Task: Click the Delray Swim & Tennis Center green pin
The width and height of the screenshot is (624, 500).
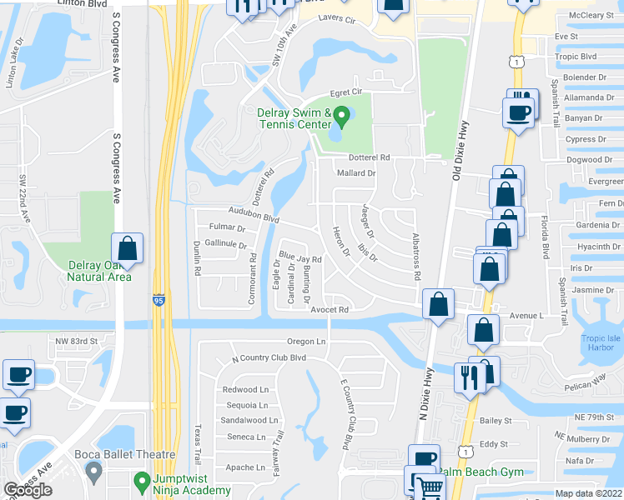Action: (x=340, y=115)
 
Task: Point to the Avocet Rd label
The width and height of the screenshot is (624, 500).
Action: (x=328, y=310)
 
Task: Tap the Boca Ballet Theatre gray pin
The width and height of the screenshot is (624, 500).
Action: (x=93, y=472)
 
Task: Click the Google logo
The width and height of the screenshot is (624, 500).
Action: (x=28, y=490)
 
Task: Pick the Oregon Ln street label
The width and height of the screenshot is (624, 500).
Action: (x=305, y=342)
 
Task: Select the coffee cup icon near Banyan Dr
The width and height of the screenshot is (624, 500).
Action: (x=517, y=112)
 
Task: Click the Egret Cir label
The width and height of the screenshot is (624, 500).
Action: (x=345, y=92)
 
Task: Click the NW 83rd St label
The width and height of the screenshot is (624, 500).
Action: (x=77, y=342)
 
